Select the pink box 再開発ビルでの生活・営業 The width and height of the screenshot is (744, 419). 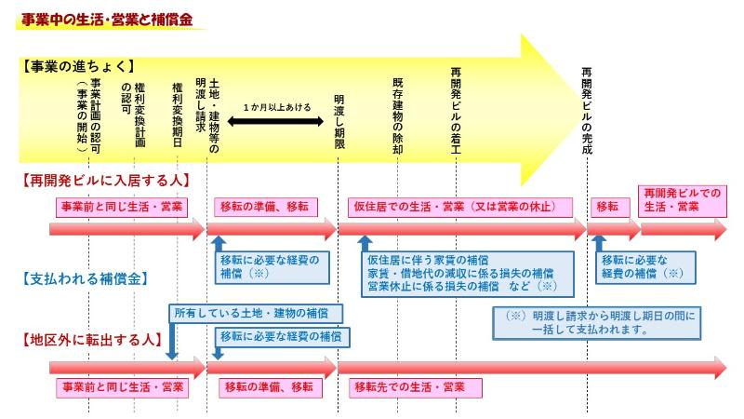click(x=684, y=199)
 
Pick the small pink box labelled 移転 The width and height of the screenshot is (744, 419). click(x=607, y=206)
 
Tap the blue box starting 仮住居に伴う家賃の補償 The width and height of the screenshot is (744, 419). click(x=461, y=270)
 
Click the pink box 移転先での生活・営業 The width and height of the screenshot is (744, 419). click(x=413, y=385)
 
